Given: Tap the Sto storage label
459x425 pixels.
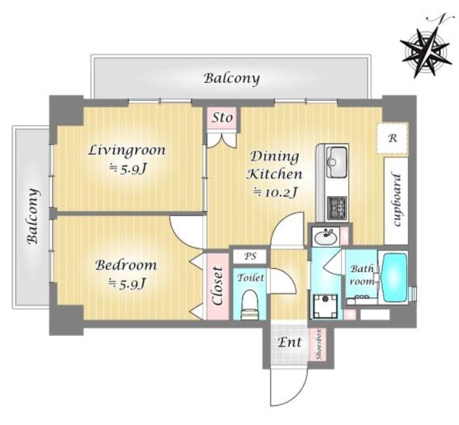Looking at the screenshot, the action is click(223, 118).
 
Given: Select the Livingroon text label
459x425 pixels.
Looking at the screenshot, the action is click(127, 150).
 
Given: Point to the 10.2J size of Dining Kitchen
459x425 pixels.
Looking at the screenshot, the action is click(276, 192).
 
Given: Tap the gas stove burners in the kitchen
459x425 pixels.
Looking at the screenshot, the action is click(337, 208).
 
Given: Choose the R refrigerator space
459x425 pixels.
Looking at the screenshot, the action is click(392, 138).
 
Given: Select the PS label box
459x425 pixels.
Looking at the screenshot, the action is click(250, 256).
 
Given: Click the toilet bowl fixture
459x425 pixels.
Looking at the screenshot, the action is click(250, 304).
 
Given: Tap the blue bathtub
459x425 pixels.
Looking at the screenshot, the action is click(395, 278).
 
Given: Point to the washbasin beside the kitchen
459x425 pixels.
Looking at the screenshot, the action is click(325, 237).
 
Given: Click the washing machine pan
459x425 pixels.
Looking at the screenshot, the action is click(325, 306).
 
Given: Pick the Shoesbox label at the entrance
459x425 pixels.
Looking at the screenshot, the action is click(319, 345).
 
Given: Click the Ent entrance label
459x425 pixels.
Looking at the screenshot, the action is click(290, 343).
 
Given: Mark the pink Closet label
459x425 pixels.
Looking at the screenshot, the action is click(218, 286).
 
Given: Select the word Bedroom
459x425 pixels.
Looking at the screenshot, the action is click(126, 266).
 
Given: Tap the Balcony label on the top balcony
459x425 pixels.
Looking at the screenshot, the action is click(232, 79).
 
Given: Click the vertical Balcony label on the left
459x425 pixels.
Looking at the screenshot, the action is click(33, 217).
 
